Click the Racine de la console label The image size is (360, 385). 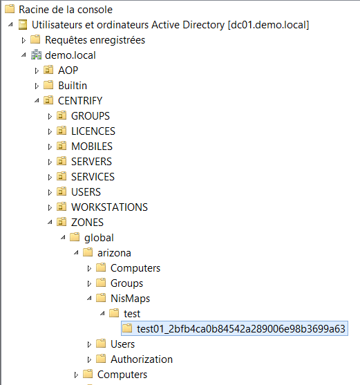click(x=66, y=10)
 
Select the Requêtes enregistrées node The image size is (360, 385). click(x=95, y=40)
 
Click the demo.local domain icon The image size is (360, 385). click(x=36, y=55)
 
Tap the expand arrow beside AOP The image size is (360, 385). click(x=37, y=71)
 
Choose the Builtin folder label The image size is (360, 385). click(x=73, y=86)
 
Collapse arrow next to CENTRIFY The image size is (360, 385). click(x=37, y=100)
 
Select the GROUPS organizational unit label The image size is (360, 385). click(x=91, y=116)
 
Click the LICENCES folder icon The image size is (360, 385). click(x=61, y=131)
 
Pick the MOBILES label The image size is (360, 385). click(x=92, y=147)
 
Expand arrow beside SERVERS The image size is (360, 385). click(x=50, y=162)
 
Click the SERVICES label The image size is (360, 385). click(x=93, y=177)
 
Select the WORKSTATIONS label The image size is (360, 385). click(x=109, y=207)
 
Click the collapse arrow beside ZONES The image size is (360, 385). click(x=50, y=222)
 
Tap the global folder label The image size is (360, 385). click(x=99, y=238)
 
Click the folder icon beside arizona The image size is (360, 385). click(x=88, y=252)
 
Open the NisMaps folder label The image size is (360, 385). click(x=130, y=299)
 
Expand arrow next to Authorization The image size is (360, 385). click(x=89, y=360)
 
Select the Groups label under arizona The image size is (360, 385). click(x=126, y=283)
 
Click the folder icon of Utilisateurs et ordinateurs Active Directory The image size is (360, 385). click(x=23, y=25)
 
